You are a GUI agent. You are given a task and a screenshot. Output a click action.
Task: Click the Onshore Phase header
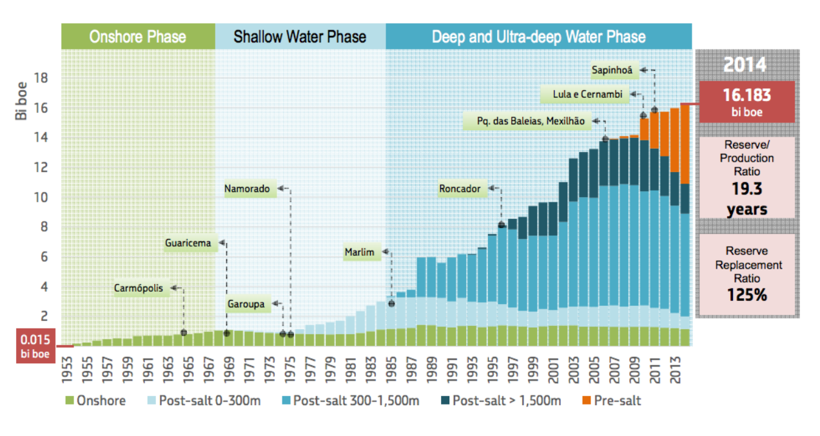coord(137,36)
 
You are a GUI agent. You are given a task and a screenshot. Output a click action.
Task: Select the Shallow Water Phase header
coord(300,36)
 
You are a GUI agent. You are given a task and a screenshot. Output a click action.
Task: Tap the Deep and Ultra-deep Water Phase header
coord(538,36)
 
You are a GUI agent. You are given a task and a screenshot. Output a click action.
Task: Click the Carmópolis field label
coord(139,288)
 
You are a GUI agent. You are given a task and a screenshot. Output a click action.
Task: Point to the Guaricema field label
coord(188,243)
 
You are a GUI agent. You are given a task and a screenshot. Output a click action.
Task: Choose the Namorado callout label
coord(247,189)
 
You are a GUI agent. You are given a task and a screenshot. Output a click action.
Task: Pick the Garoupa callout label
coord(246,304)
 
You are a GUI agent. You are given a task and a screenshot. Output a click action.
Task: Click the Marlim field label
coord(359,252)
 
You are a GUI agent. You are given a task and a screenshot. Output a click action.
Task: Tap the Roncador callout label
coord(460,189)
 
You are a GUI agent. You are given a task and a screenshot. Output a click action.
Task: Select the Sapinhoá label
coord(612,69)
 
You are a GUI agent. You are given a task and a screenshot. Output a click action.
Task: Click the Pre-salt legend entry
coord(616,401)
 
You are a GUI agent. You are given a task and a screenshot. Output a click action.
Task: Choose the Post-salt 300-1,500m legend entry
coord(356,401)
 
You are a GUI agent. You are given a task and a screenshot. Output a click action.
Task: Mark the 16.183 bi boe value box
coord(747,102)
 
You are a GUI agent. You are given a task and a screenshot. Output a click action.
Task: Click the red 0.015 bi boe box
coord(35,345)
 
